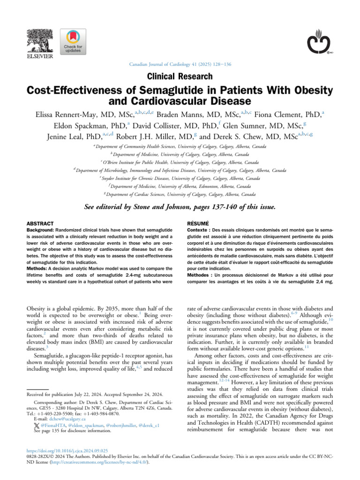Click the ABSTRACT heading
click(40, 224)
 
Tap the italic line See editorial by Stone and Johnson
click(180, 206)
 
